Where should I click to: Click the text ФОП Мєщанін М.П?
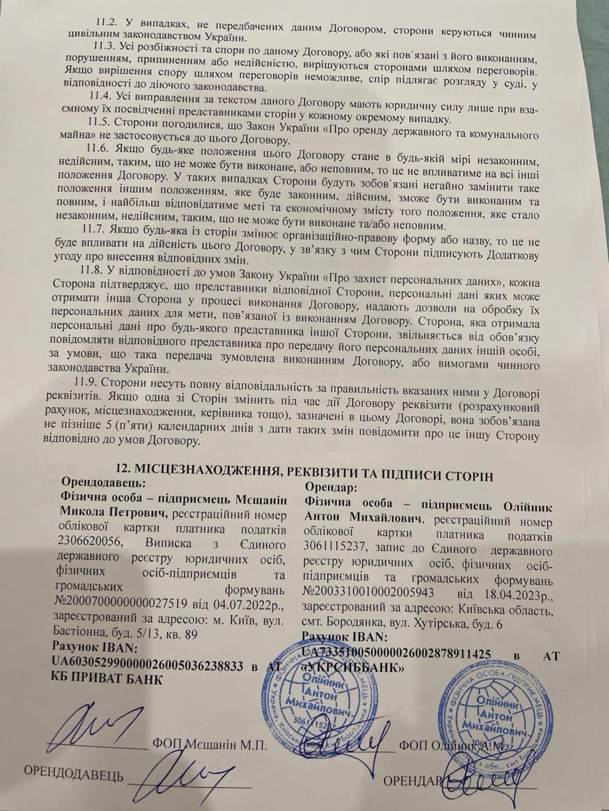coord(207,745)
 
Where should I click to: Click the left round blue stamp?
coord(326,703)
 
